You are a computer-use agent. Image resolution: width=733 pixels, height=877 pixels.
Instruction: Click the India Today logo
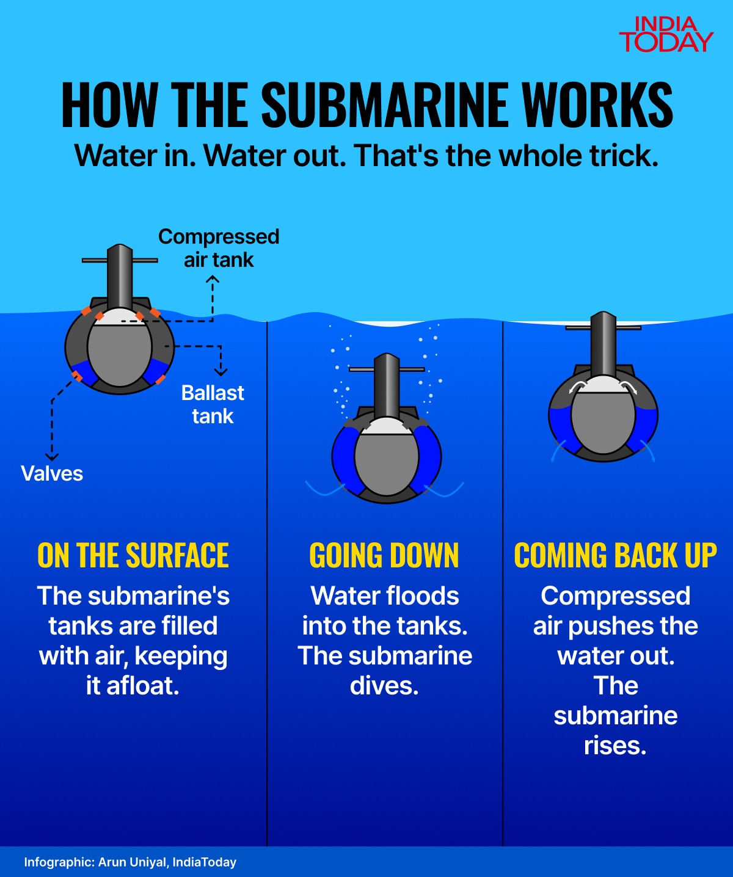click(666, 35)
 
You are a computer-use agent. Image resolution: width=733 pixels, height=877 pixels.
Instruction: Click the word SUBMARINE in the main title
click(386, 104)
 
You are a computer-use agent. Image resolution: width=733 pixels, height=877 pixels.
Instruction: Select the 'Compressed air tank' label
click(219, 248)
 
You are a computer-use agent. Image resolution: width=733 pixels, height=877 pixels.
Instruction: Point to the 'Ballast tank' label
click(213, 404)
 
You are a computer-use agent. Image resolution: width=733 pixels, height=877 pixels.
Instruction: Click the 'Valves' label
click(52, 474)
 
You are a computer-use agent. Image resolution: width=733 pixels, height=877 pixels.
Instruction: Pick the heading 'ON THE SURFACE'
click(133, 556)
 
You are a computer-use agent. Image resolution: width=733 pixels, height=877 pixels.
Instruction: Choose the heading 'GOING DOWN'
click(384, 556)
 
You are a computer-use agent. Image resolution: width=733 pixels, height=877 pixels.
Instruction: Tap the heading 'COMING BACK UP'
click(615, 556)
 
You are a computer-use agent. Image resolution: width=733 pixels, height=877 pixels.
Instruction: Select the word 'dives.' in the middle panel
click(384, 686)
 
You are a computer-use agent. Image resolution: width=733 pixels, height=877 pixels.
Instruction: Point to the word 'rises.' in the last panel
click(615, 746)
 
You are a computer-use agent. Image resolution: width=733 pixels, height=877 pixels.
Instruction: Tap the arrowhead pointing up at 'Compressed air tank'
click(213, 279)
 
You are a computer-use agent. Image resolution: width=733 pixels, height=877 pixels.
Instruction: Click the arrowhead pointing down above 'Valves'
click(53, 457)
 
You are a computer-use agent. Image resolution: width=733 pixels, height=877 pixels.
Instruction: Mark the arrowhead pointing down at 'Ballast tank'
click(221, 372)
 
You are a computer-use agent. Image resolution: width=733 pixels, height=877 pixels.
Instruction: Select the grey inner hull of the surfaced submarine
click(120, 354)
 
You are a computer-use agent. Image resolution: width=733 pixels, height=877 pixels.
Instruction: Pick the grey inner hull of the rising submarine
click(603, 421)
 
